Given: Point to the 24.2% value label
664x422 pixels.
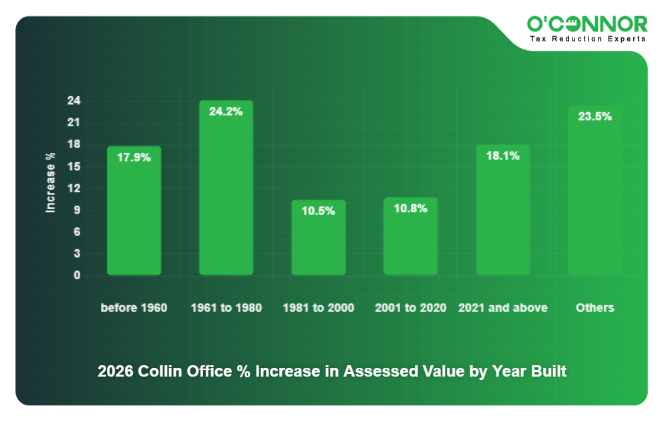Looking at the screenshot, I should [x=226, y=112].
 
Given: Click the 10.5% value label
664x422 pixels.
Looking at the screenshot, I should [x=318, y=211].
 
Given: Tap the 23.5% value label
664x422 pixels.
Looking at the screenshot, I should [x=595, y=116].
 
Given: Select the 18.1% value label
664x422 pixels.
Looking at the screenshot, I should [x=502, y=156].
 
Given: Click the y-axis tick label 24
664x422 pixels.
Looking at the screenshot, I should [x=73, y=101].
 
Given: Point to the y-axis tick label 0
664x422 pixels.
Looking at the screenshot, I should [x=77, y=275].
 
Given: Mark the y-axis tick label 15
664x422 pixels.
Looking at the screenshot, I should [x=73, y=166].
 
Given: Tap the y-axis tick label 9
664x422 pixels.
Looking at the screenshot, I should [x=77, y=210].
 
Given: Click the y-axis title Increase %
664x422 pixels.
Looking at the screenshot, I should [x=50, y=183].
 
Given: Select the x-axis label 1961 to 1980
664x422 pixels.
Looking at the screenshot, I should [x=226, y=308].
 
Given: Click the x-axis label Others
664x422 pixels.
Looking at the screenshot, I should [x=595, y=308].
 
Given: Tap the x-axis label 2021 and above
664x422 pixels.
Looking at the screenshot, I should [x=502, y=308].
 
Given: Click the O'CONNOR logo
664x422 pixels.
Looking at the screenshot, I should [x=587, y=25].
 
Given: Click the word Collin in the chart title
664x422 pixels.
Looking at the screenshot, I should [x=158, y=371].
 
